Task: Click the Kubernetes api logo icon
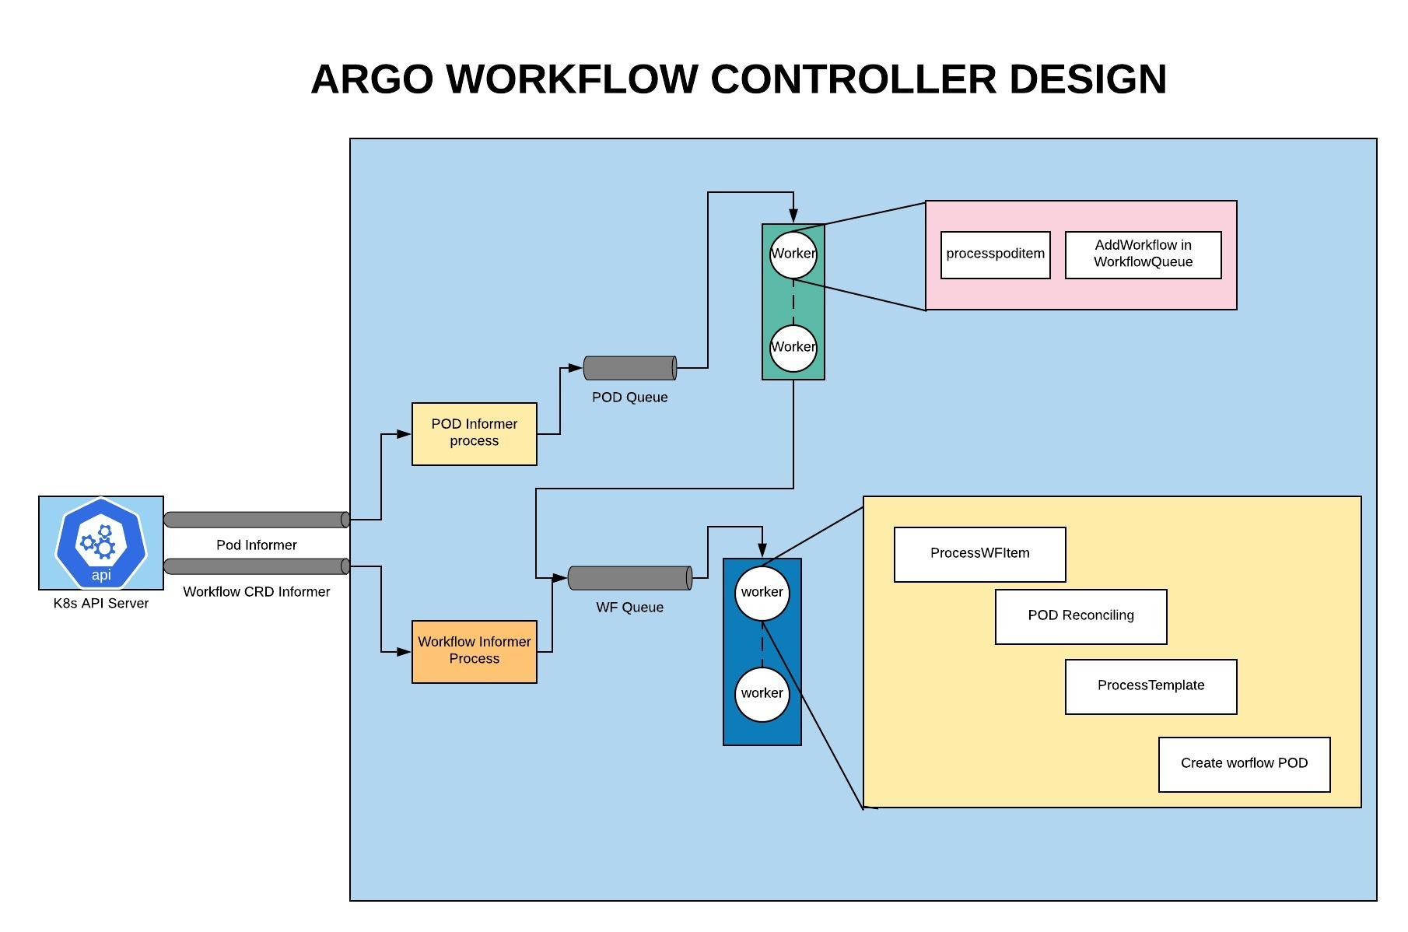point(101,543)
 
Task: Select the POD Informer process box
point(475,434)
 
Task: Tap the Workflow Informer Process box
point(475,652)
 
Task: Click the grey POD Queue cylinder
point(630,368)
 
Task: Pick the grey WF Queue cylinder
point(630,578)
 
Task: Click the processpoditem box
point(996,255)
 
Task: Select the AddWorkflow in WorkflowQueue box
point(1144,255)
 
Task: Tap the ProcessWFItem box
point(980,555)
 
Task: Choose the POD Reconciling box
point(1081,617)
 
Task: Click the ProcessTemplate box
point(1151,687)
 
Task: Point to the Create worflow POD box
point(1245,765)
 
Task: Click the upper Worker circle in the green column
point(793,255)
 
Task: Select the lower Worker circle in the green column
point(793,349)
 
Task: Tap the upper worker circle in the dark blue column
point(762,594)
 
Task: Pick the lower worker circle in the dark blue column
point(762,695)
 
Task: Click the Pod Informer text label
point(257,545)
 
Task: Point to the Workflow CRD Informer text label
point(257,592)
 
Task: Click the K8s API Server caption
point(101,604)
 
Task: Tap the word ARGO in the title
point(372,79)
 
